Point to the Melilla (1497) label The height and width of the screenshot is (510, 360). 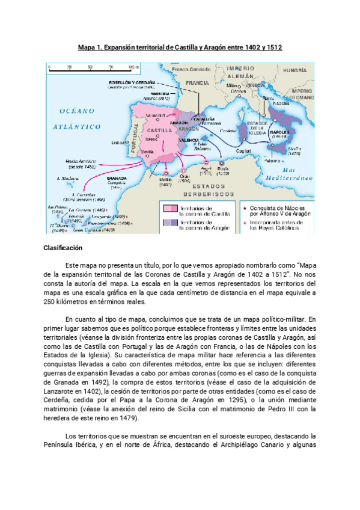click(164, 182)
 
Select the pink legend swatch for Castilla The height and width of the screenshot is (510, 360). click(169, 209)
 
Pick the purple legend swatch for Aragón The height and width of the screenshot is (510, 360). click(169, 224)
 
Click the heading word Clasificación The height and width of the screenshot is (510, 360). click(63, 248)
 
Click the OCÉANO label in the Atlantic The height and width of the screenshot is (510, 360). click(78, 110)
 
